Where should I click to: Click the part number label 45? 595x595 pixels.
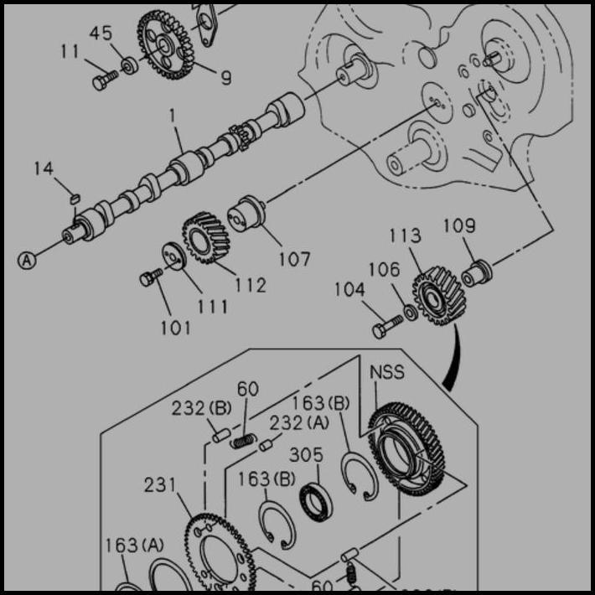pyautogui.click(x=101, y=33)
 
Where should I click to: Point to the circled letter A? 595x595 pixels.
pyautogui.click(x=28, y=261)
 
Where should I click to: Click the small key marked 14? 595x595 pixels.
pyautogui.click(x=73, y=199)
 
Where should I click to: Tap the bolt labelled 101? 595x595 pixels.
pyautogui.click(x=152, y=277)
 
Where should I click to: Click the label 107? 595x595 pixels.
pyautogui.click(x=294, y=259)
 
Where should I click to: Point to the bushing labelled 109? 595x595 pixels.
pyautogui.click(x=478, y=272)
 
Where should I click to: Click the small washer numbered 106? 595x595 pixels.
pyautogui.click(x=410, y=313)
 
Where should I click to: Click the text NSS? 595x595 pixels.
pyautogui.click(x=386, y=371)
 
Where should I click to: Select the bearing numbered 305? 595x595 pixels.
pyautogui.click(x=316, y=500)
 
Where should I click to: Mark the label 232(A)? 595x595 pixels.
pyautogui.click(x=287, y=423)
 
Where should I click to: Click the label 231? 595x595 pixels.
pyautogui.click(x=160, y=484)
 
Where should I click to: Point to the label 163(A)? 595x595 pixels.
pyautogui.click(x=134, y=546)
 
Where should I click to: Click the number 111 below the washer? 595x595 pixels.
pyautogui.click(x=212, y=307)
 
